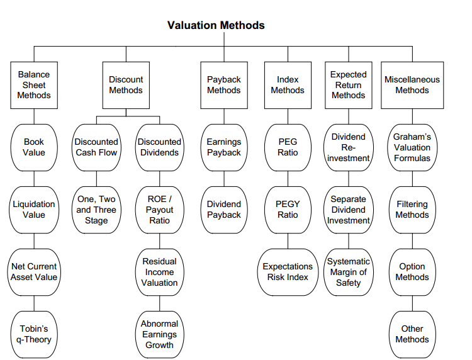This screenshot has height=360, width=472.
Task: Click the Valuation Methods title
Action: click(216, 25)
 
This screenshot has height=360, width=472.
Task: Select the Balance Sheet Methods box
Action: click(34, 85)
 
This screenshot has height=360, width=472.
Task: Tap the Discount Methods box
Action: click(126, 85)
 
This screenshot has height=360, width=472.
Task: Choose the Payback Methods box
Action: click(224, 85)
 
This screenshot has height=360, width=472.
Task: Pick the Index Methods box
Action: click(288, 85)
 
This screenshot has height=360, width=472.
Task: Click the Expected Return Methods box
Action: click(349, 85)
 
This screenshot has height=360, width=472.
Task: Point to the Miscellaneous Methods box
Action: click(412, 85)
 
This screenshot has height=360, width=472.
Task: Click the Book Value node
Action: click(34, 147)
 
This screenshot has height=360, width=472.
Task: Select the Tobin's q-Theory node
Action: click(34, 334)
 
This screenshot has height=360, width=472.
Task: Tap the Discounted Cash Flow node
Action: click(96, 147)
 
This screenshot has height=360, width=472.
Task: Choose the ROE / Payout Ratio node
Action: click(160, 210)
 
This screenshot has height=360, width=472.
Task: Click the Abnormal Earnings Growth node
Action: click(160, 334)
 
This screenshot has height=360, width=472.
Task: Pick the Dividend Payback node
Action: click(224, 210)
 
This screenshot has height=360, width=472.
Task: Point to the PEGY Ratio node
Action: click(288, 210)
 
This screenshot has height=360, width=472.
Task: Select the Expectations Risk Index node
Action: click(288, 272)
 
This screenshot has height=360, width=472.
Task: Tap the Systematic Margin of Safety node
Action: click(349, 272)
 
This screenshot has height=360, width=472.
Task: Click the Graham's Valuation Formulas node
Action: click(412, 147)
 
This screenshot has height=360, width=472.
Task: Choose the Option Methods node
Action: click(412, 272)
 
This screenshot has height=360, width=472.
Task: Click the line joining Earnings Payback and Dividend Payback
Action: click(224, 179)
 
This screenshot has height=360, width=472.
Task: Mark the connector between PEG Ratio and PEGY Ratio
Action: click(288, 179)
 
